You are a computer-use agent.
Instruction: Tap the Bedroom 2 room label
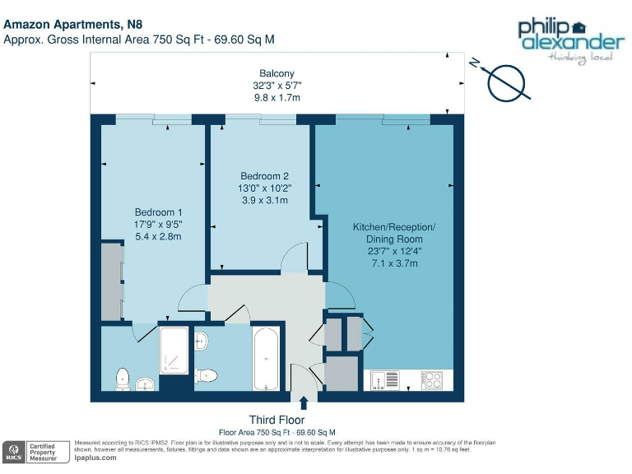(264, 176)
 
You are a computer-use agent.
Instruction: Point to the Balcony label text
(276, 73)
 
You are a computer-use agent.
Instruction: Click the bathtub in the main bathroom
(266, 359)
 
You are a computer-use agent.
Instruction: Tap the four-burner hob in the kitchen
(432, 381)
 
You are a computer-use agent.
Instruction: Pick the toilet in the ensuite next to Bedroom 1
(123, 379)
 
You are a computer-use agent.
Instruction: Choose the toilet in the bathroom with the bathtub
(207, 375)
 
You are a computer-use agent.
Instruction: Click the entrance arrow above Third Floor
(304, 402)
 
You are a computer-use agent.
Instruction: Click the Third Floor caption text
(276, 420)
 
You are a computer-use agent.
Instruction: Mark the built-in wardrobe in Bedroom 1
(111, 281)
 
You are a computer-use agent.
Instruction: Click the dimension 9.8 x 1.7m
(276, 97)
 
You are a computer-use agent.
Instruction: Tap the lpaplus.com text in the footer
(95, 458)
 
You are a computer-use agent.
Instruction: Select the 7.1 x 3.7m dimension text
(394, 263)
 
